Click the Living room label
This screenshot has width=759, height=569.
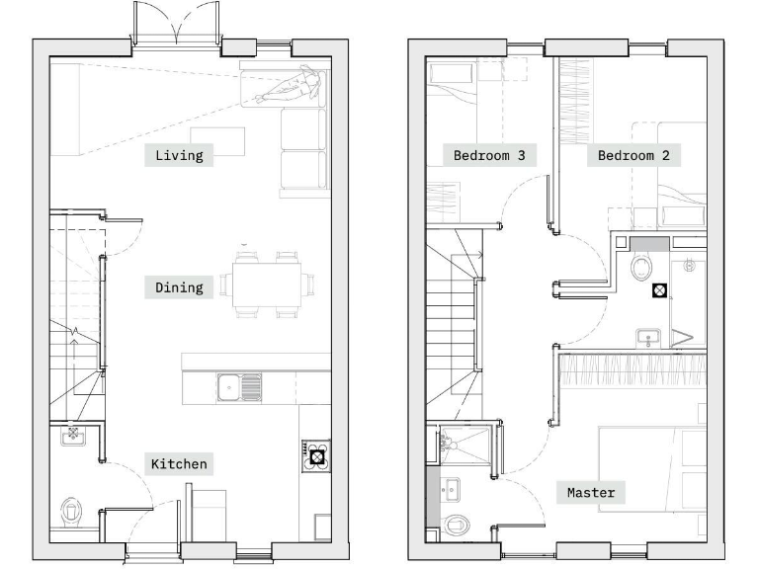tap(179, 155)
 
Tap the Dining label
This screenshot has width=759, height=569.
tap(179, 287)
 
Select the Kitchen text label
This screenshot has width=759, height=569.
tap(179, 463)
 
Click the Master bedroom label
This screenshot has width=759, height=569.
tap(591, 492)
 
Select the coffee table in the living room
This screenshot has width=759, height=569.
tap(218, 141)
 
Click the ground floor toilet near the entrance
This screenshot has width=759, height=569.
tap(71, 511)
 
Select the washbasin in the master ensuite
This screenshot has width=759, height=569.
tap(451, 487)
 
